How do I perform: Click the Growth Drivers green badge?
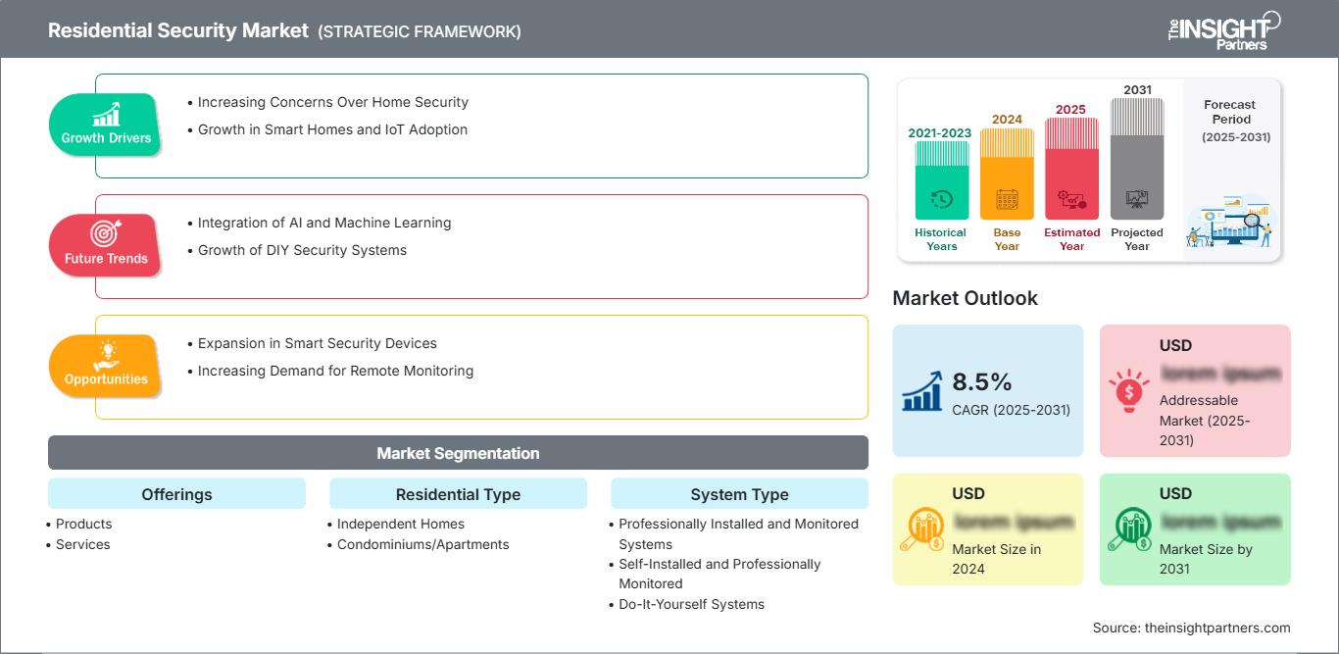(x=106, y=125)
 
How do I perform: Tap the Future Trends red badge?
(x=105, y=245)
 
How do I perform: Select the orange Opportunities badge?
(x=105, y=366)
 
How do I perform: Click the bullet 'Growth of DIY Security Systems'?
(x=302, y=250)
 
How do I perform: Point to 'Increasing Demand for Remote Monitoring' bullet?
(x=335, y=371)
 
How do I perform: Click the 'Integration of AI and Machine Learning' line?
(x=324, y=223)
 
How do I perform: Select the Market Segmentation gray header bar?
(x=458, y=453)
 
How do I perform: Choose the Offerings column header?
(x=176, y=494)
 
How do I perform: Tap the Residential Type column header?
(x=458, y=494)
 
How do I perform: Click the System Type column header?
(x=739, y=494)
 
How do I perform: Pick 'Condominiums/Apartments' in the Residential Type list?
(x=422, y=544)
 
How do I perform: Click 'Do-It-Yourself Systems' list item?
(x=691, y=604)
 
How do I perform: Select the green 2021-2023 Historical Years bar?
(x=941, y=180)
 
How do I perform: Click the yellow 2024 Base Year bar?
(x=1007, y=175)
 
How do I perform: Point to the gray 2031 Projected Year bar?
(x=1137, y=159)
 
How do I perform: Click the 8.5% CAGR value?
(x=982, y=381)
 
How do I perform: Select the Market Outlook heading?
(x=965, y=298)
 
